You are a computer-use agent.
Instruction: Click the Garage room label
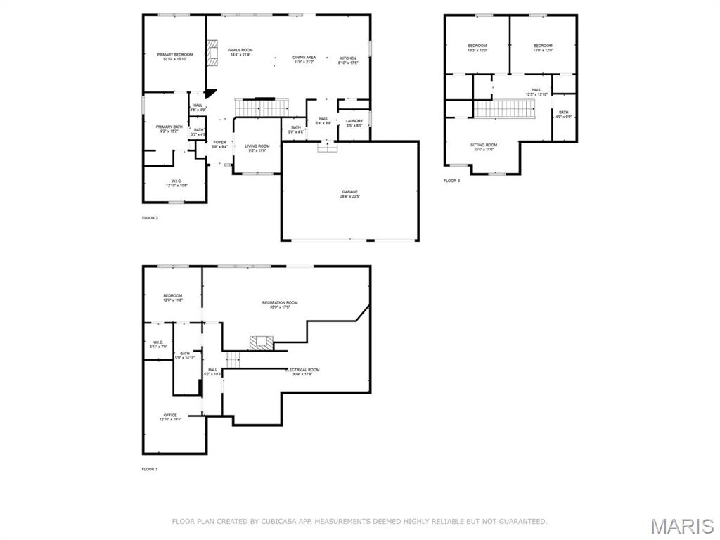(350, 194)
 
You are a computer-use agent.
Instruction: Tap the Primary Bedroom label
(174, 57)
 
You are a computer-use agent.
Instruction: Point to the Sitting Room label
(484, 147)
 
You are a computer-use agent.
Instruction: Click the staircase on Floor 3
(502, 109)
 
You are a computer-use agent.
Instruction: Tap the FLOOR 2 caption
(150, 218)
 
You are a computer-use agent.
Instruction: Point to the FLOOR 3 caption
(451, 181)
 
